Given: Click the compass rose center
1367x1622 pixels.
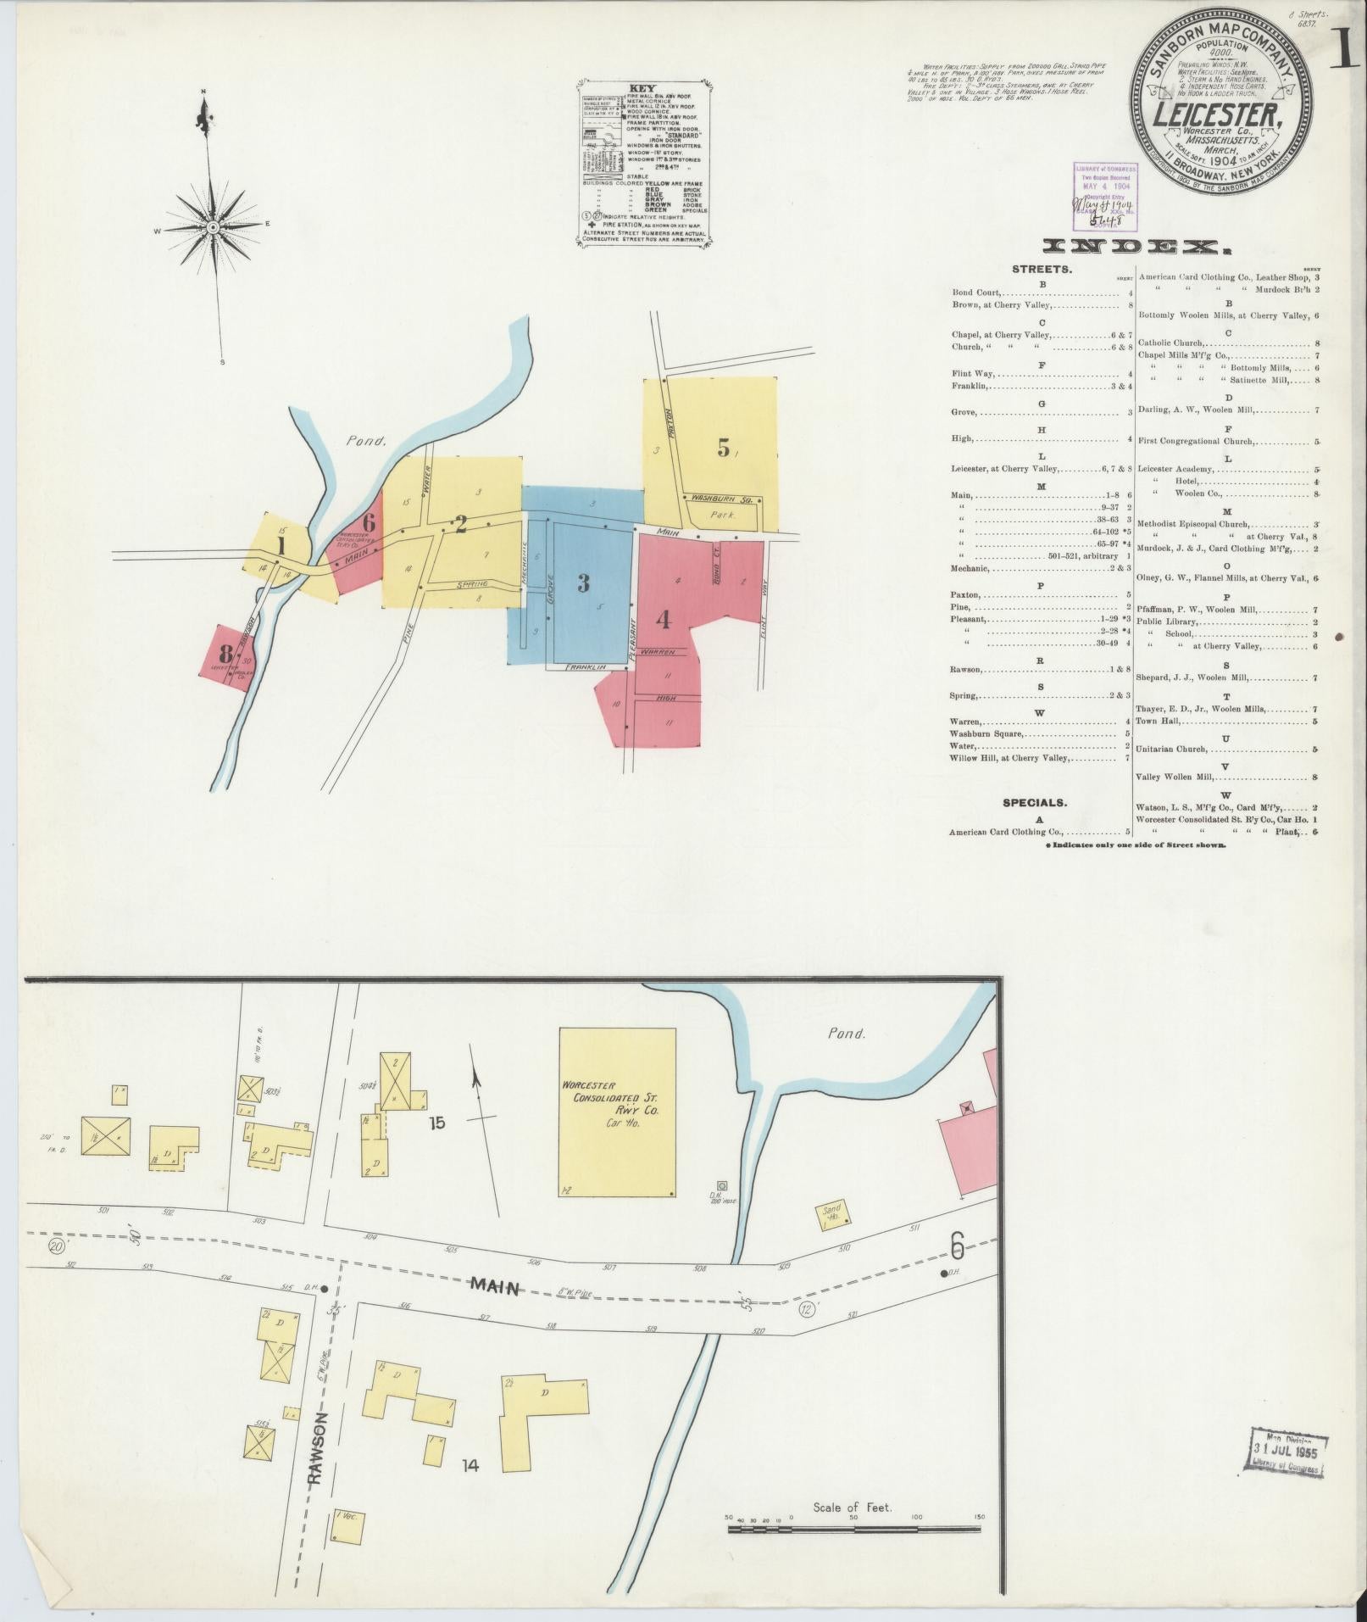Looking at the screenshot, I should [213, 227].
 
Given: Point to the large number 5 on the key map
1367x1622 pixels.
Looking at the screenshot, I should [723, 448].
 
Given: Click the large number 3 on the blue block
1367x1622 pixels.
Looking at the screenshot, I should [583, 582].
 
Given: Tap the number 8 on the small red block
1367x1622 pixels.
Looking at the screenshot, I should [225, 654].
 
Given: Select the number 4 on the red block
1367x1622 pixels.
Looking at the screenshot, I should [663, 620].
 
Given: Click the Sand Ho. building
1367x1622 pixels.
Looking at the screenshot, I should [832, 1215].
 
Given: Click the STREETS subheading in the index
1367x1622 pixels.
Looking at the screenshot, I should [1042, 270].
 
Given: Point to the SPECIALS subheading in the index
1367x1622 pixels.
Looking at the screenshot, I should [1034, 802].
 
